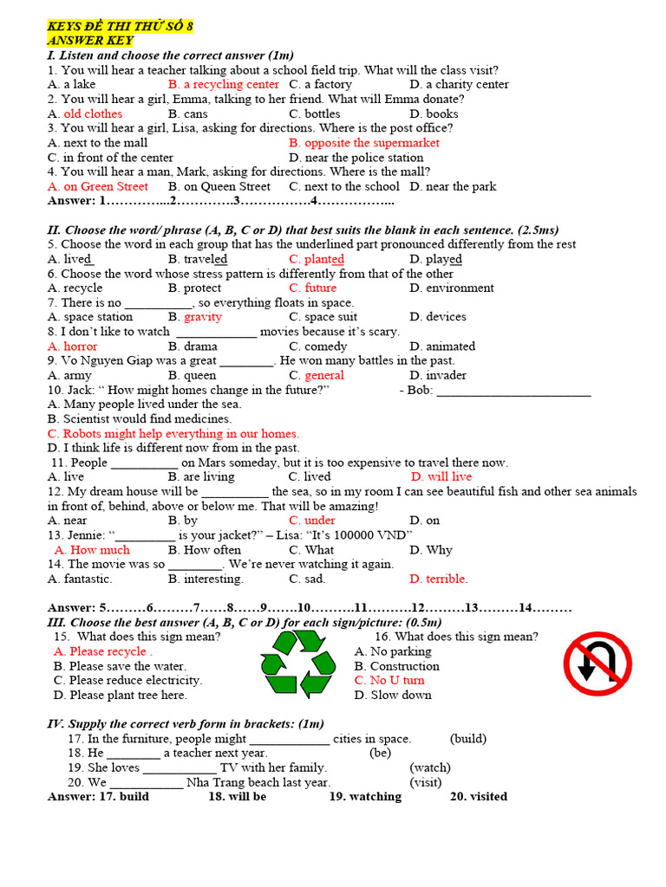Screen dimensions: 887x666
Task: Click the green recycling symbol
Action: [297, 664]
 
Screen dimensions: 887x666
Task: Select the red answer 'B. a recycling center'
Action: [224, 85]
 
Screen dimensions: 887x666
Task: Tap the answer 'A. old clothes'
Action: [85, 113]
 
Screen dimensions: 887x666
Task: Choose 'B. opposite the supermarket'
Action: [364, 143]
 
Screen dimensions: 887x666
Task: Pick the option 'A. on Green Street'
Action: [98, 186]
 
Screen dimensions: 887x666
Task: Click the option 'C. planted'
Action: [317, 259]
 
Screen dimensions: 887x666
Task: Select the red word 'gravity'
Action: [203, 317]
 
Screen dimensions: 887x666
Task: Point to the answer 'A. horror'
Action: [73, 346]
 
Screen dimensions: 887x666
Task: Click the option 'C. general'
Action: [317, 375]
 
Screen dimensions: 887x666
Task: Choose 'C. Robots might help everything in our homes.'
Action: [173, 433]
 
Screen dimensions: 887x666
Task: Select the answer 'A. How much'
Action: [92, 550]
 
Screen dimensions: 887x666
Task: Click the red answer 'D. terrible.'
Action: [438, 579]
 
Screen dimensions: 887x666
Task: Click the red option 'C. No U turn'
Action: [389, 681]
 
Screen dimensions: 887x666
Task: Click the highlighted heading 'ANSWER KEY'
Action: [90, 40]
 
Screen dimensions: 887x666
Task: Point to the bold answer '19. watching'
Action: [365, 797]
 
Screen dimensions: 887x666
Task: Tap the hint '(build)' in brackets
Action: [468, 739]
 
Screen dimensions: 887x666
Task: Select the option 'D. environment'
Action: [452, 288]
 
